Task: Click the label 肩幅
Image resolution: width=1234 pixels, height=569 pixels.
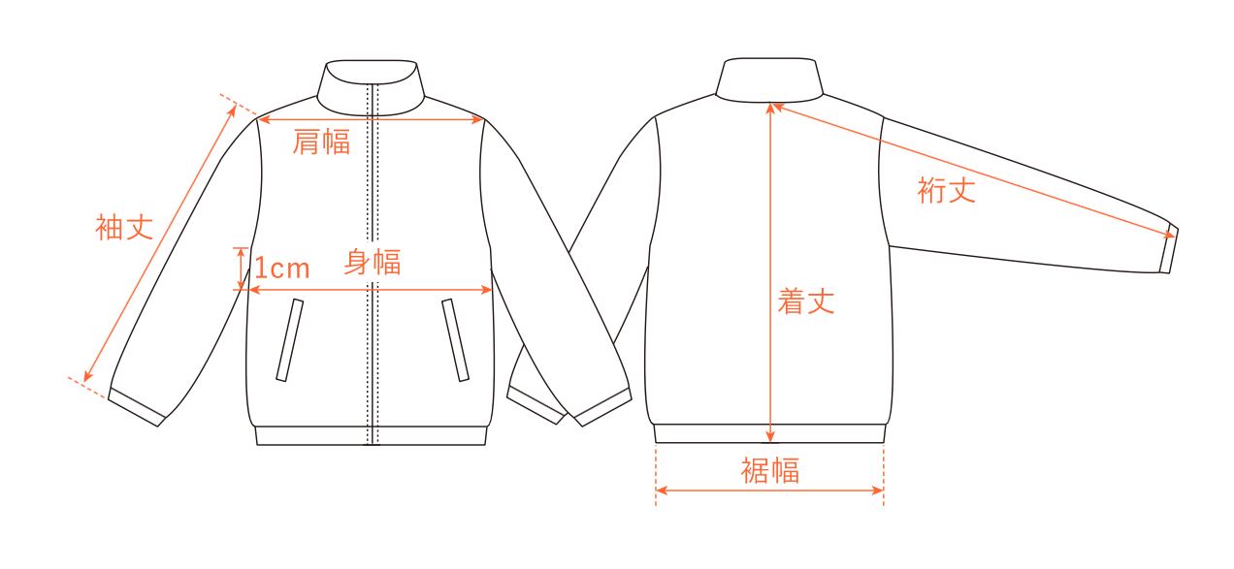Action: tap(321, 142)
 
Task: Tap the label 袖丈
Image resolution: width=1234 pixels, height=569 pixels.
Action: tap(124, 229)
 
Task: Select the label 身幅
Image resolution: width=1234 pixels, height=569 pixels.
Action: tap(373, 262)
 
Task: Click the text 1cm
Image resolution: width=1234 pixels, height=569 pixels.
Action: tap(282, 268)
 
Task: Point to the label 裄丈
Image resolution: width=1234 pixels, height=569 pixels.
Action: tap(946, 190)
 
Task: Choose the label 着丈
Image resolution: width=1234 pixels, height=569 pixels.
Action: tap(806, 302)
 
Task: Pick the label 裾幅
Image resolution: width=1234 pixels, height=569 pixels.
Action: tap(770, 472)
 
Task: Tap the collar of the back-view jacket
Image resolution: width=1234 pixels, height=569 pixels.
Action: tap(769, 78)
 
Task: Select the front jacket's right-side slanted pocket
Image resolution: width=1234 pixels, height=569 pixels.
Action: tap(455, 340)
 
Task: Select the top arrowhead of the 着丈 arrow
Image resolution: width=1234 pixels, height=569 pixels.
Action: tap(770, 106)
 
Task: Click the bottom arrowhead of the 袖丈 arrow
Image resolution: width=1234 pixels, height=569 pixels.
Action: tap(87, 379)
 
